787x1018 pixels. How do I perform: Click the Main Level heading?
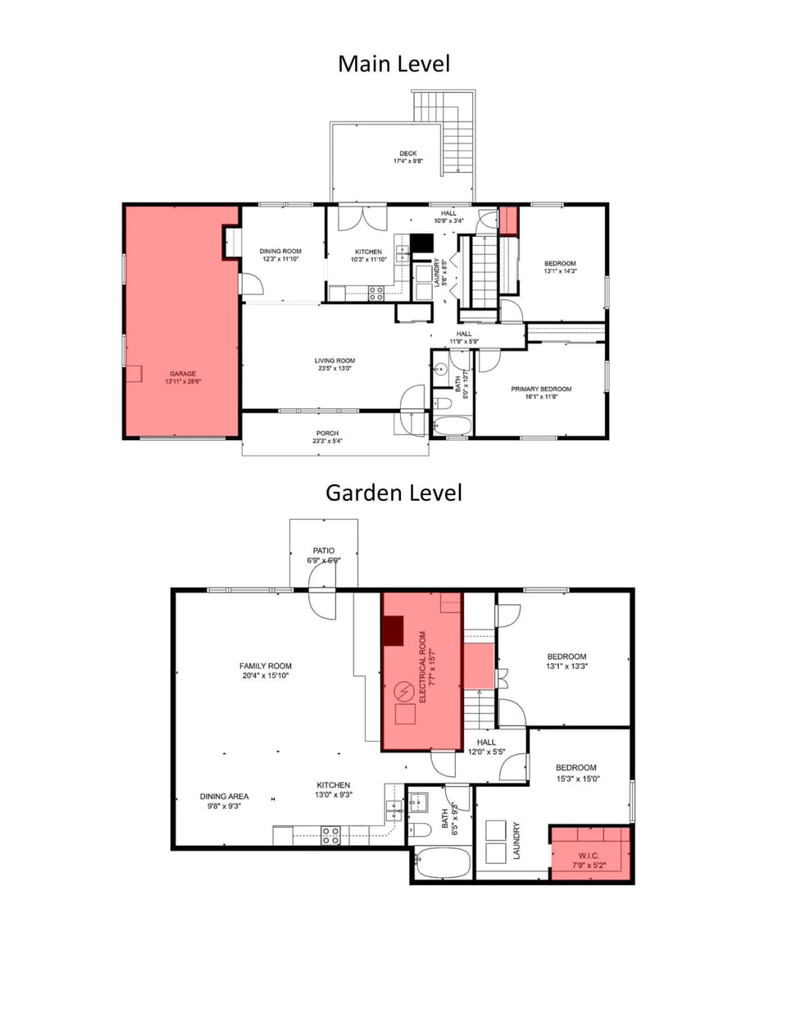(x=393, y=64)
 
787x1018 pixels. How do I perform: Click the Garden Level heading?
(x=393, y=493)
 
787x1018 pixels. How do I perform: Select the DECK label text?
(x=407, y=153)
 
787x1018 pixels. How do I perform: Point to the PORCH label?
(x=327, y=434)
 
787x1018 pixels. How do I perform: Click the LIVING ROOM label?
(x=334, y=361)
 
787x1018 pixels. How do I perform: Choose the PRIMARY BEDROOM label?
(x=541, y=389)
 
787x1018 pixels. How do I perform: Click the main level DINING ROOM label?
(x=280, y=252)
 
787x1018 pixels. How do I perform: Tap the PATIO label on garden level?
(x=323, y=551)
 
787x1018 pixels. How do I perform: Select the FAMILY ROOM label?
(x=266, y=666)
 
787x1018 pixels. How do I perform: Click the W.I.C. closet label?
(x=589, y=856)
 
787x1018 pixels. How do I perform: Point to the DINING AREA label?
(x=224, y=796)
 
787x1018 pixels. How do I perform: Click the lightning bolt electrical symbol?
(x=404, y=692)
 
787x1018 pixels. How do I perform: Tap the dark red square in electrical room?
(x=393, y=629)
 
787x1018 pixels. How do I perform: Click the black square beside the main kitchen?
(x=421, y=243)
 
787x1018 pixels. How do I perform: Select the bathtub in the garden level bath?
(x=442, y=863)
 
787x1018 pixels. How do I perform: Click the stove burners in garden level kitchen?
(x=330, y=835)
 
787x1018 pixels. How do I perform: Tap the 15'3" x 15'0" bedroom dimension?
(x=578, y=779)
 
